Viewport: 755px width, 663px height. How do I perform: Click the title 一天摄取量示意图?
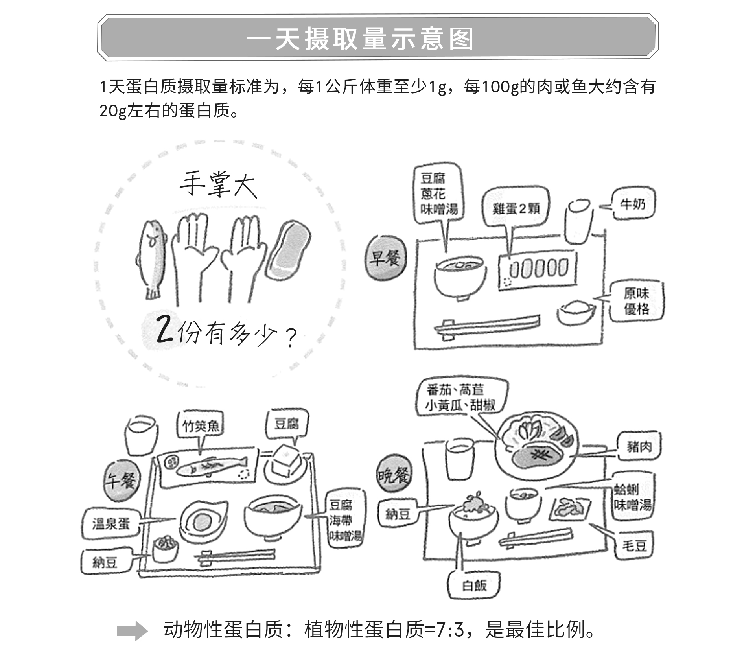point(360,39)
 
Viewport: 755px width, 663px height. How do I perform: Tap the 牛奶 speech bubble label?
point(633,204)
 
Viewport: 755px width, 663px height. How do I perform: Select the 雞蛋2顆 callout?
point(516,209)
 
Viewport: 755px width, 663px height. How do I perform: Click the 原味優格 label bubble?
point(636,301)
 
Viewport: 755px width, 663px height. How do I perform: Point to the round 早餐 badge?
point(385,258)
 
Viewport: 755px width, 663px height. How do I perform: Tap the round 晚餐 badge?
point(394,476)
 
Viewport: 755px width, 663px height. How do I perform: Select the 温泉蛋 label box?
point(111,524)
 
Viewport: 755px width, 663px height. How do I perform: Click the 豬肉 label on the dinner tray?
point(639,446)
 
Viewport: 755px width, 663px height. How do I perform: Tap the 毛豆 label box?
point(634,545)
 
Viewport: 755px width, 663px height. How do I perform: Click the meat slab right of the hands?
point(288,250)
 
